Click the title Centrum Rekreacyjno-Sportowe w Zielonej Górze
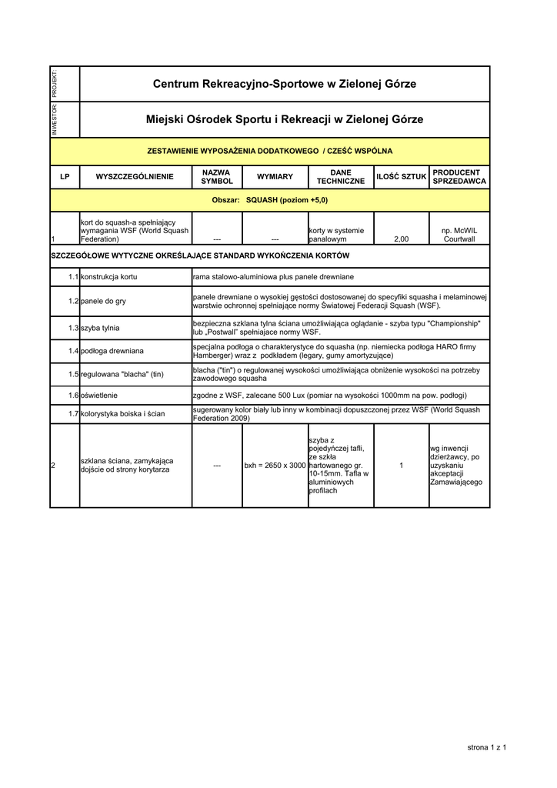pyautogui.click(x=285, y=84)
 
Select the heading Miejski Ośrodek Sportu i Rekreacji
pyautogui.click(x=285, y=120)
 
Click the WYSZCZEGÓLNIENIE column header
pyautogui.click(x=135, y=177)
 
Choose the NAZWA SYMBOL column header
pyautogui.click(x=217, y=177)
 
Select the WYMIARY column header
pyautogui.click(x=275, y=177)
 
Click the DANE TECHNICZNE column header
pyautogui.click(x=341, y=177)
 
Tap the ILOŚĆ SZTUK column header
pyautogui.click(x=401, y=177)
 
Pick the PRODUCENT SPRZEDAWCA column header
pyautogui.click(x=459, y=177)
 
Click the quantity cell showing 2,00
pyautogui.click(x=401, y=239)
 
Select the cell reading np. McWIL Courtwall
pyautogui.click(x=459, y=235)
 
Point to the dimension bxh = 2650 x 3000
pyautogui.click(x=275, y=466)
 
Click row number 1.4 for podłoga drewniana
pyautogui.click(x=74, y=351)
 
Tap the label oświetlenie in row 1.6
pyautogui.click(x=99, y=395)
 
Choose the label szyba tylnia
pyautogui.click(x=100, y=328)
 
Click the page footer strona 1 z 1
pyautogui.click(x=487, y=747)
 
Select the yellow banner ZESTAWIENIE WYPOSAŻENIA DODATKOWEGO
pyautogui.click(x=269, y=151)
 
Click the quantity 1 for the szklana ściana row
pyautogui.click(x=401, y=466)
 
